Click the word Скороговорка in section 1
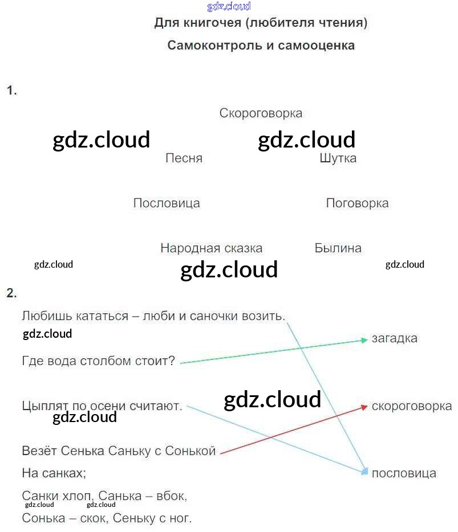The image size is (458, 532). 261,113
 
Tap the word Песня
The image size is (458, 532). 184,158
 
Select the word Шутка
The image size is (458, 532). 338,158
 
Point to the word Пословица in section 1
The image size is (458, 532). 167,203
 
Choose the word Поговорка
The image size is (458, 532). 357,203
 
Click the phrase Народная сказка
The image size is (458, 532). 211,248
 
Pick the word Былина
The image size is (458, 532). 338,248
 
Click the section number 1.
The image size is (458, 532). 11,90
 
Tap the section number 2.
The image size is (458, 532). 11,293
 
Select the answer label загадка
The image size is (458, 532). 394,338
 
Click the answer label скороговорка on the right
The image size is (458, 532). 411,406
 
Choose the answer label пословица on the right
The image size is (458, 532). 404,473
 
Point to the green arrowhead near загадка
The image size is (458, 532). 363,340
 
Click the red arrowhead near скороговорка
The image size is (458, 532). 363,407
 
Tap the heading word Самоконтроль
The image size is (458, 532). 214,46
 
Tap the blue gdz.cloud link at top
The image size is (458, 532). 229,6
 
